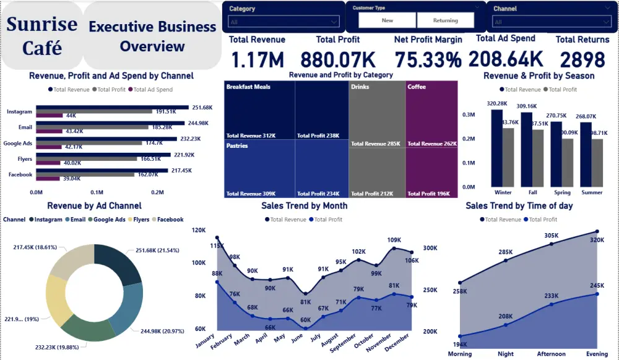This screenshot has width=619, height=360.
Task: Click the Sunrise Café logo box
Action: pyautogui.click(x=42, y=36)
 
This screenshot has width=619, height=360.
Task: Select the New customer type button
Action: pyautogui.click(x=387, y=20)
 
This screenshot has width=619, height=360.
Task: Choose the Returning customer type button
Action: pyautogui.click(x=445, y=20)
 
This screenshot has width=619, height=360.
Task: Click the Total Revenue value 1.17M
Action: pyautogui.click(x=257, y=60)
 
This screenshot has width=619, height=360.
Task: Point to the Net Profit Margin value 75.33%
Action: pyautogui.click(x=428, y=60)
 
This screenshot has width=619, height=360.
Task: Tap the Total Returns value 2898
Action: pyautogui.click(x=582, y=60)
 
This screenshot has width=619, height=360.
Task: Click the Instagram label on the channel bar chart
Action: pyautogui.click(x=19, y=112)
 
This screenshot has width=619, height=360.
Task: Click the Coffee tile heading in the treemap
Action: pyautogui.click(x=417, y=87)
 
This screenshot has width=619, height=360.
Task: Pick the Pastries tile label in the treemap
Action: pyautogui.click(x=237, y=146)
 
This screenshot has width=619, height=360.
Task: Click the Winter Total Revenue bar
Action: pyautogui.click(x=496, y=148)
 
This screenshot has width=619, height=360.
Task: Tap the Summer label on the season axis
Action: pyautogui.click(x=592, y=192)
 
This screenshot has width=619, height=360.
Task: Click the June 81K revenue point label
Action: pyautogui.click(x=305, y=302)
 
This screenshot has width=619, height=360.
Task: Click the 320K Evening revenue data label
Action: pyautogui.click(x=597, y=240)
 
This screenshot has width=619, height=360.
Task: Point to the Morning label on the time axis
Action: pyautogui.click(x=459, y=354)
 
